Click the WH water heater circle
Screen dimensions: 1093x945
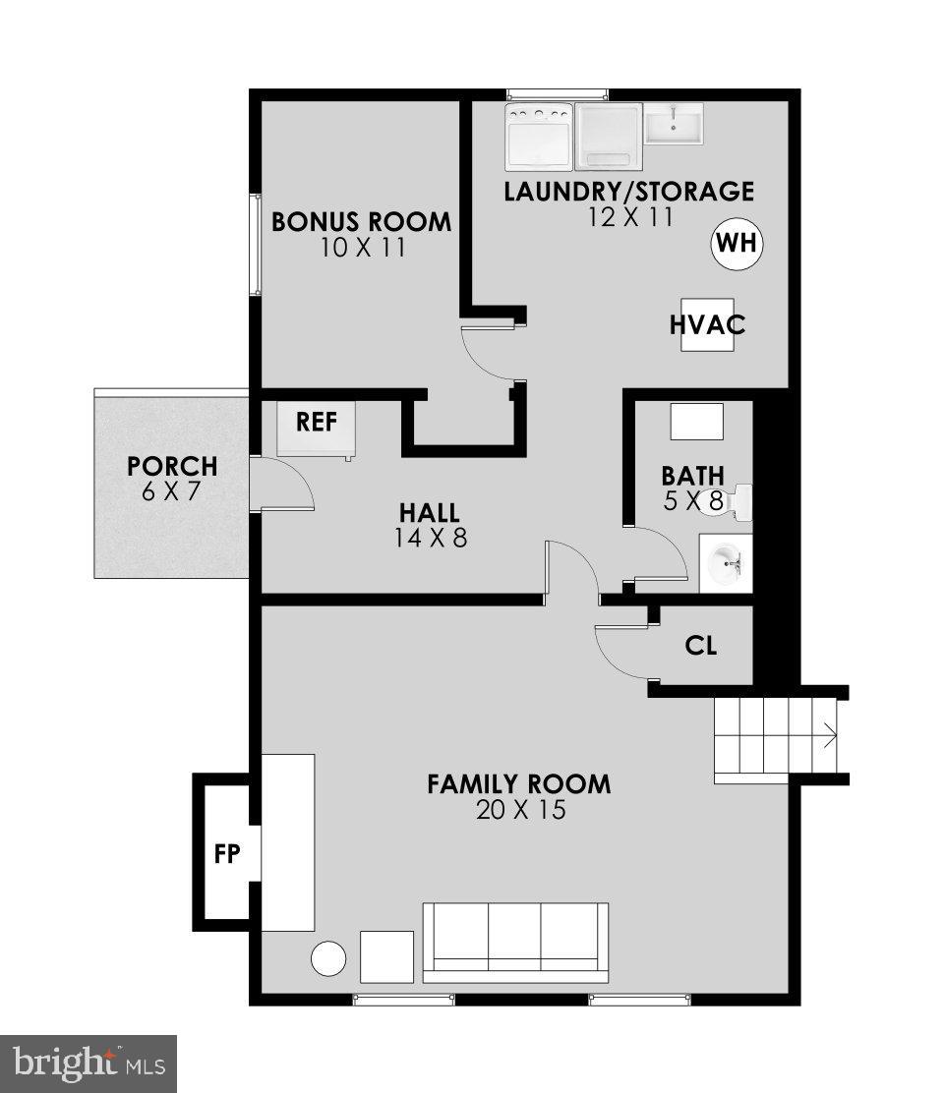click(737, 243)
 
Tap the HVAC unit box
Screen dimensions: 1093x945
click(707, 323)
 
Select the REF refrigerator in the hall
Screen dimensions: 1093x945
click(317, 429)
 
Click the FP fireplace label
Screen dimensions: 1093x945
click(227, 853)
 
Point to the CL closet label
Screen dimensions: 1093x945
click(701, 646)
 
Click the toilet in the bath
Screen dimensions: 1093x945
click(738, 502)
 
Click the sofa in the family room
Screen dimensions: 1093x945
click(515, 942)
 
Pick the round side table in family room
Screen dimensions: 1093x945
click(328, 958)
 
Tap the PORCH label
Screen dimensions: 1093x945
click(172, 466)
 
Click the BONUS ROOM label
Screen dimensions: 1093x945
click(362, 222)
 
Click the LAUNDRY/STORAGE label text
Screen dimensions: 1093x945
click(629, 191)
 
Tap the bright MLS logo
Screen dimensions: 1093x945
click(88, 1064)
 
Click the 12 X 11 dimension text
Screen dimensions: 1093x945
click(630, 216)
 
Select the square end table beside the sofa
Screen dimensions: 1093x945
click(386, 956)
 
